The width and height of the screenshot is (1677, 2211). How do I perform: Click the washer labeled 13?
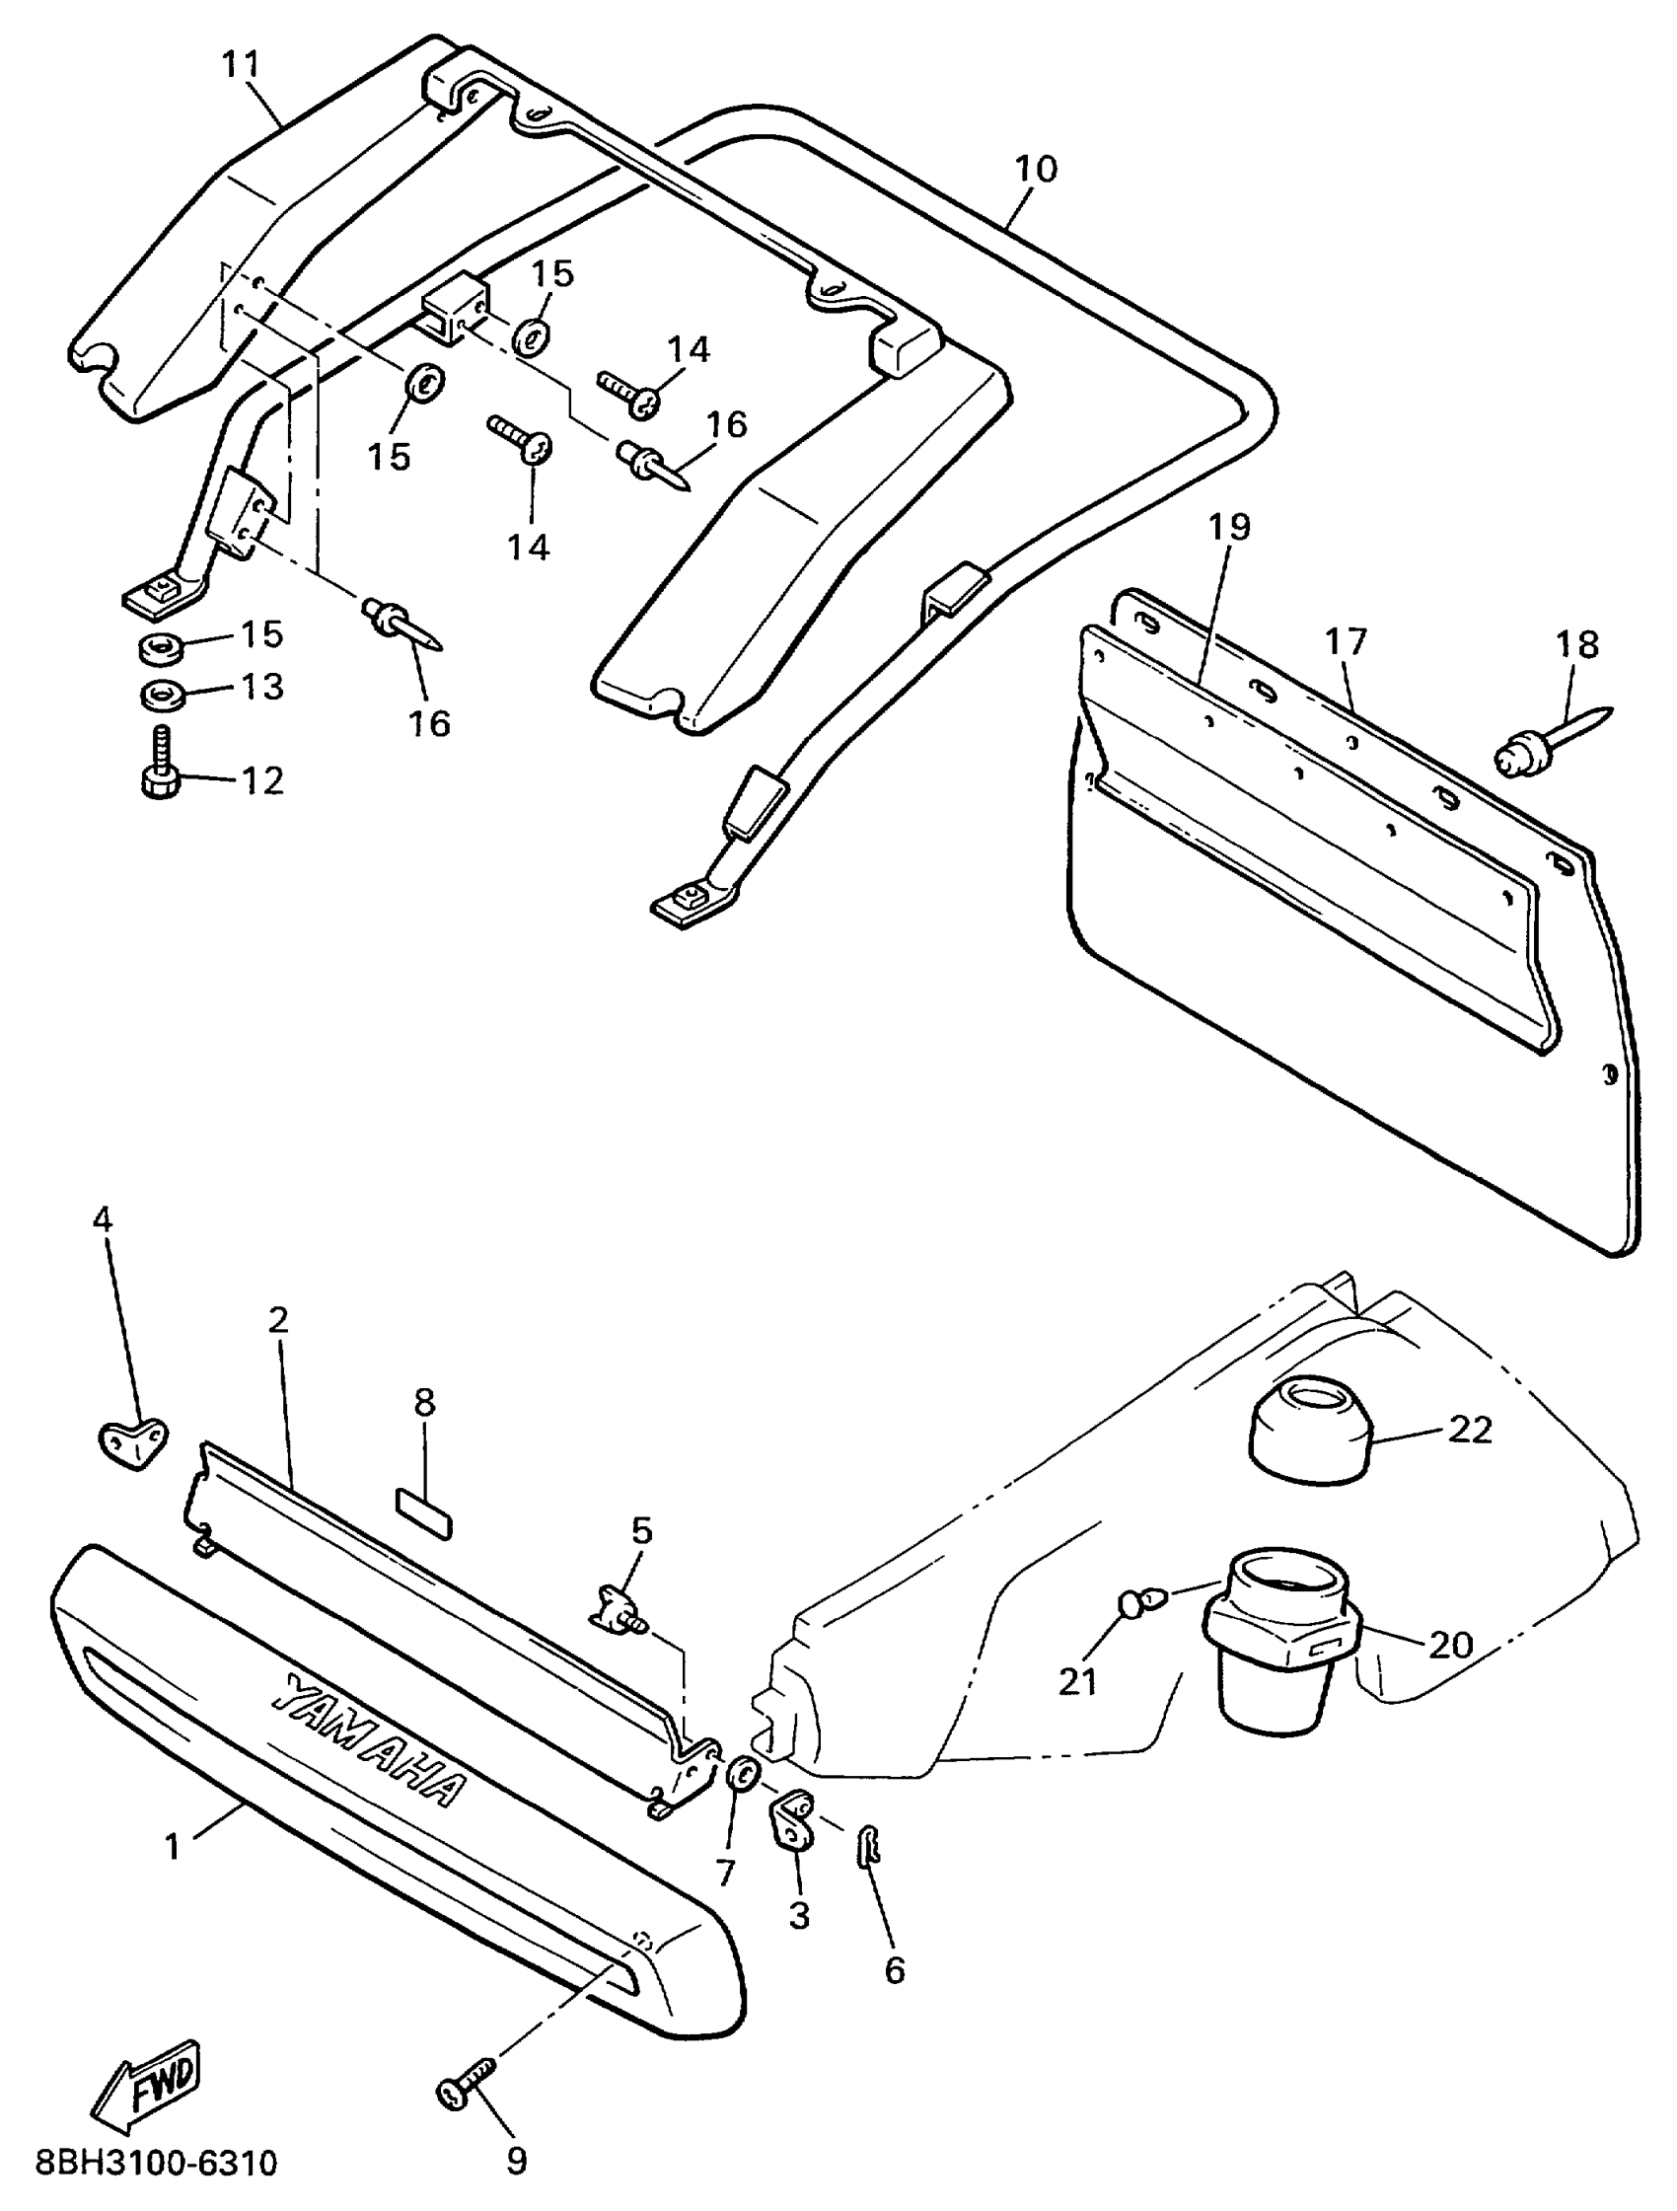pos(159,693)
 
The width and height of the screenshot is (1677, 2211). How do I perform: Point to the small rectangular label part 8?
pos(424,1527)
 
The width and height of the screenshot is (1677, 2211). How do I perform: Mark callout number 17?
pos(1346,642)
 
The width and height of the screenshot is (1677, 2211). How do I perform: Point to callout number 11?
pos(240,65)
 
